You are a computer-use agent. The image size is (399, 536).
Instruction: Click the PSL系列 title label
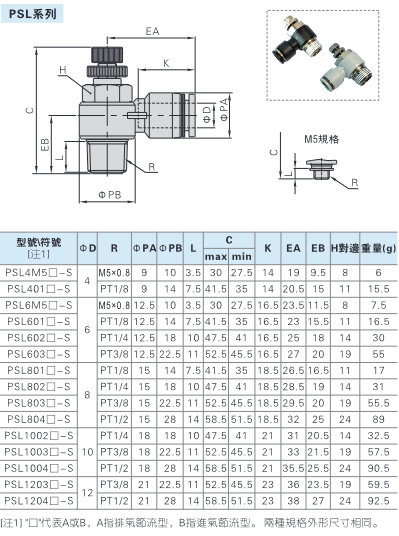[32, 14]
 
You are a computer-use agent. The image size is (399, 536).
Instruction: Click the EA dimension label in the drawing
[152, 31]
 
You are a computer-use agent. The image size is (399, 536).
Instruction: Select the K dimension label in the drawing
[166, 63]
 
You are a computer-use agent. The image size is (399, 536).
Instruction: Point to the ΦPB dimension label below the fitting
[110, 195]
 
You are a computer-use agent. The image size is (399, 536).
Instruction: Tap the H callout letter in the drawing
[63, 70]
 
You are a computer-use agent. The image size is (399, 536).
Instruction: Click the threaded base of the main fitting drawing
[107, 156]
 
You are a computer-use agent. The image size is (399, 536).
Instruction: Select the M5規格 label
[321, 139]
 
